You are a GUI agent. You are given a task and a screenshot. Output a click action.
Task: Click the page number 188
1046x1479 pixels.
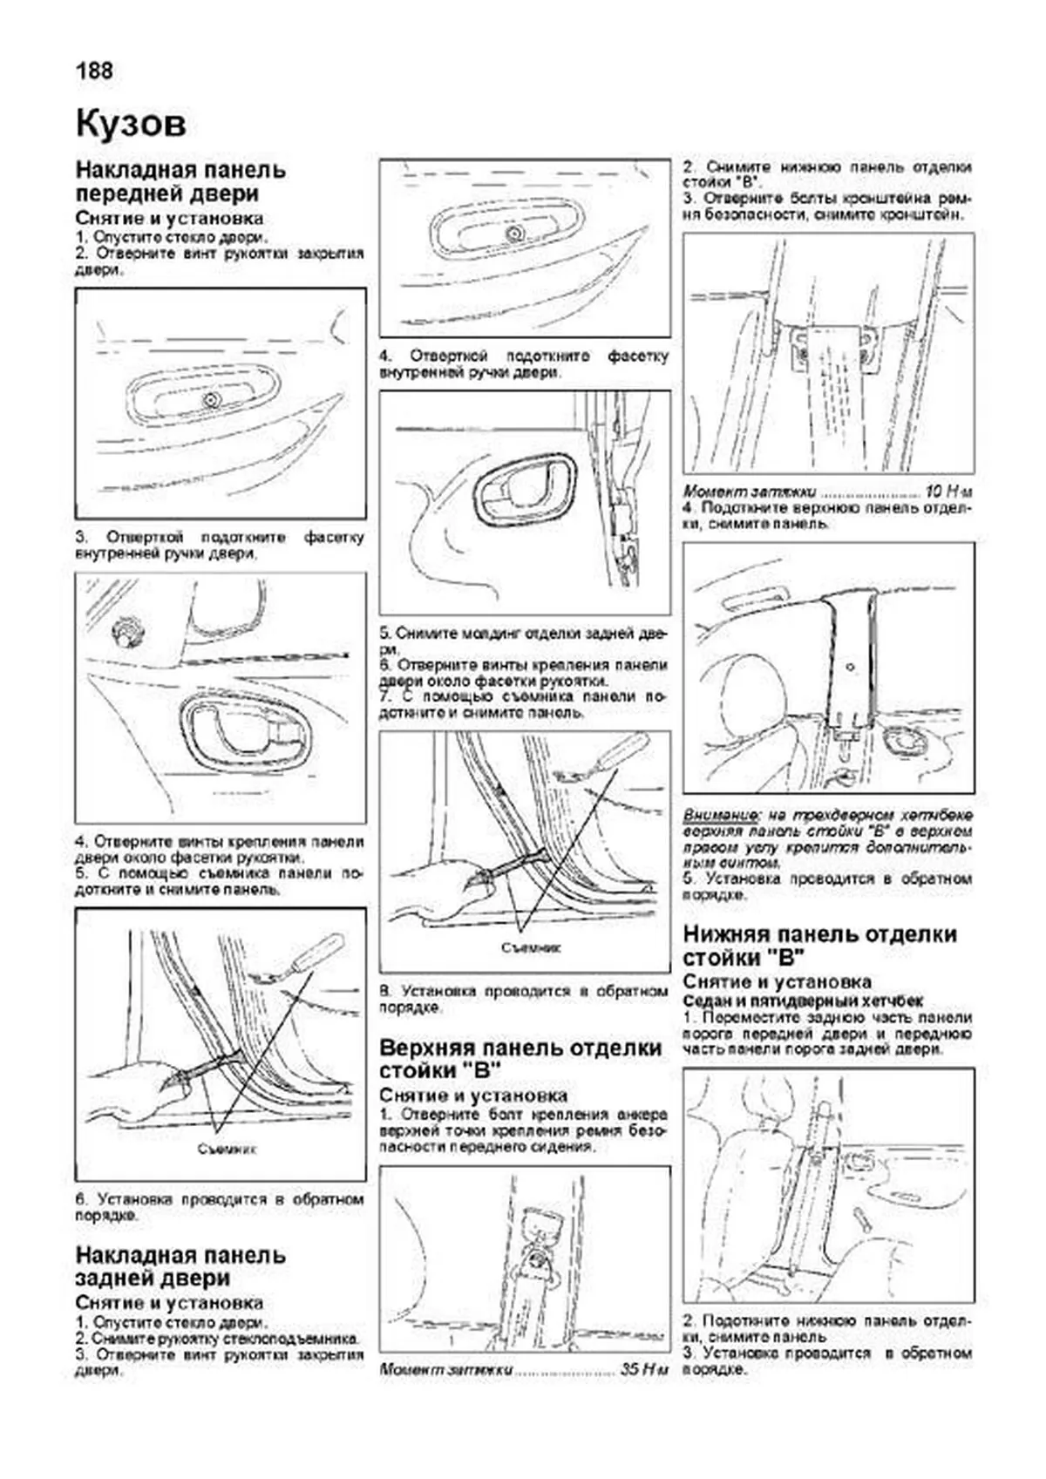click(x=94, y=71)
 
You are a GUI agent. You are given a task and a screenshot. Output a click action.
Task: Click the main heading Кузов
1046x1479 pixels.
click(x=131, y=123)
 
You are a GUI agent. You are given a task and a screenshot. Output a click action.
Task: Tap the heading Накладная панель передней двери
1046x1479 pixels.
click(x=180, y=181)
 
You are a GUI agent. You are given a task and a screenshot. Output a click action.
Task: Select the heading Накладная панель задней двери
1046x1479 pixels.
click(x=180, y=1266)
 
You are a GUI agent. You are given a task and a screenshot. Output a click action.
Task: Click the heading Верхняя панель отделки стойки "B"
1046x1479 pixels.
click(x=520, y=1058)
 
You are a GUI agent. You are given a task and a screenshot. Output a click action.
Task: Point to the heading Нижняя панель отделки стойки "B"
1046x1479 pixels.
click(x=819, y=946)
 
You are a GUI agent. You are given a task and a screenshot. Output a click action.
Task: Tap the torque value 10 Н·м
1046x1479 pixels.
click(x=947, y=491)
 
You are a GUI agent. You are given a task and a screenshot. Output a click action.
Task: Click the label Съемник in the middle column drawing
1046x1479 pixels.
click(x=531, y=946)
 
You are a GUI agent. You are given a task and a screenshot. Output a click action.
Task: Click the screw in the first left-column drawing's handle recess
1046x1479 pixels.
click(x=209, y=400)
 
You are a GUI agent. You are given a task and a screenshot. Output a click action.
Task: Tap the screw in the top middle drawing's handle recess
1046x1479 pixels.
click(x=513, y=234)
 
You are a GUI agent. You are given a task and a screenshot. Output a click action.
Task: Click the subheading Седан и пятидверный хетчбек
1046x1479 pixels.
click(x=803, y=1001)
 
